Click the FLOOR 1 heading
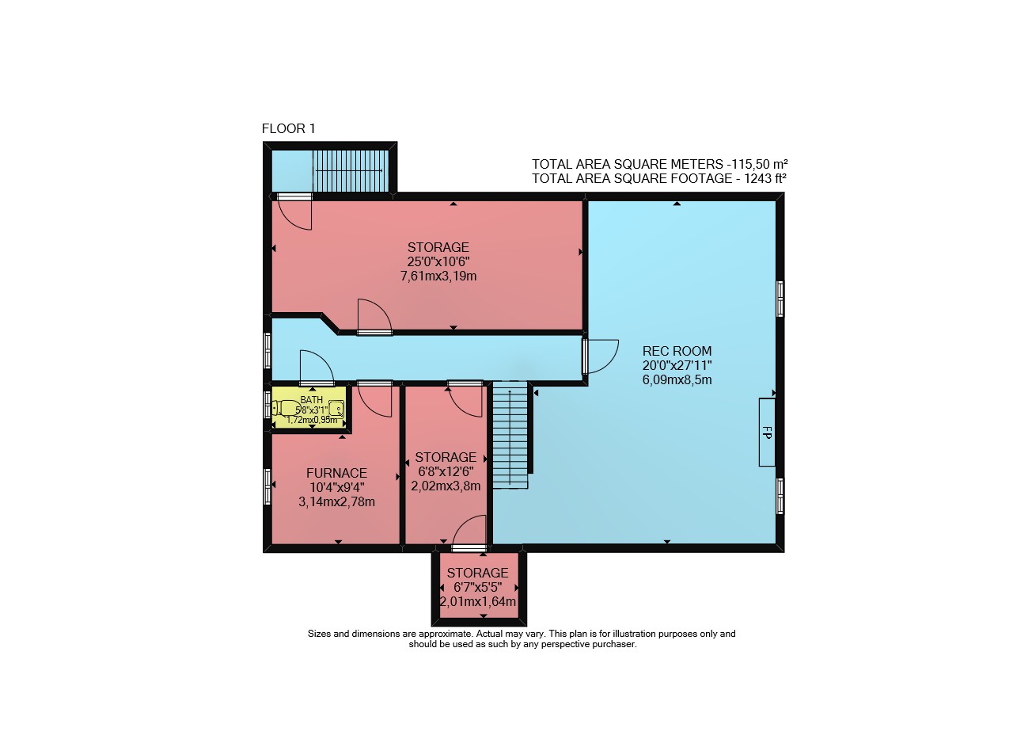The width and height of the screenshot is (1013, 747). pos(289,129)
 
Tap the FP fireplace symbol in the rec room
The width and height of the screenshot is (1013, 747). pos(767,433)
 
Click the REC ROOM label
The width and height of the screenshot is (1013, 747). pos(677,351)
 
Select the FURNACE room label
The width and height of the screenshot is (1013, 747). pos(336,473)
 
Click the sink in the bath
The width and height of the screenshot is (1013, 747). pos(336,409)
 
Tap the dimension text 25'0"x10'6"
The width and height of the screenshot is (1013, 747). pos(438,261)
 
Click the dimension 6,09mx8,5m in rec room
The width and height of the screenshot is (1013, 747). pos(677,380)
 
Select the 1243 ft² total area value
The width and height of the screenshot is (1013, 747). pos(765,178)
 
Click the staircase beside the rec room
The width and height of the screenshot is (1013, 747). pos(510,435)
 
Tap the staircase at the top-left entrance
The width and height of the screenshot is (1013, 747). pos(351,171)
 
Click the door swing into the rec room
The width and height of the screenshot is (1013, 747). pos(601,356)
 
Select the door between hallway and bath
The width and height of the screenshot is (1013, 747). pos(317,368)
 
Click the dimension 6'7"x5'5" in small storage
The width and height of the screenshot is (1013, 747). pos(478,587)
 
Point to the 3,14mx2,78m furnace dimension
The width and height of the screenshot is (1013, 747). pos(336,502)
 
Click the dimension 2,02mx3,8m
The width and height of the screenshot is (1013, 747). pos(446,486)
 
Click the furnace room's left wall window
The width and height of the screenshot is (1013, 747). pos(267,486)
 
